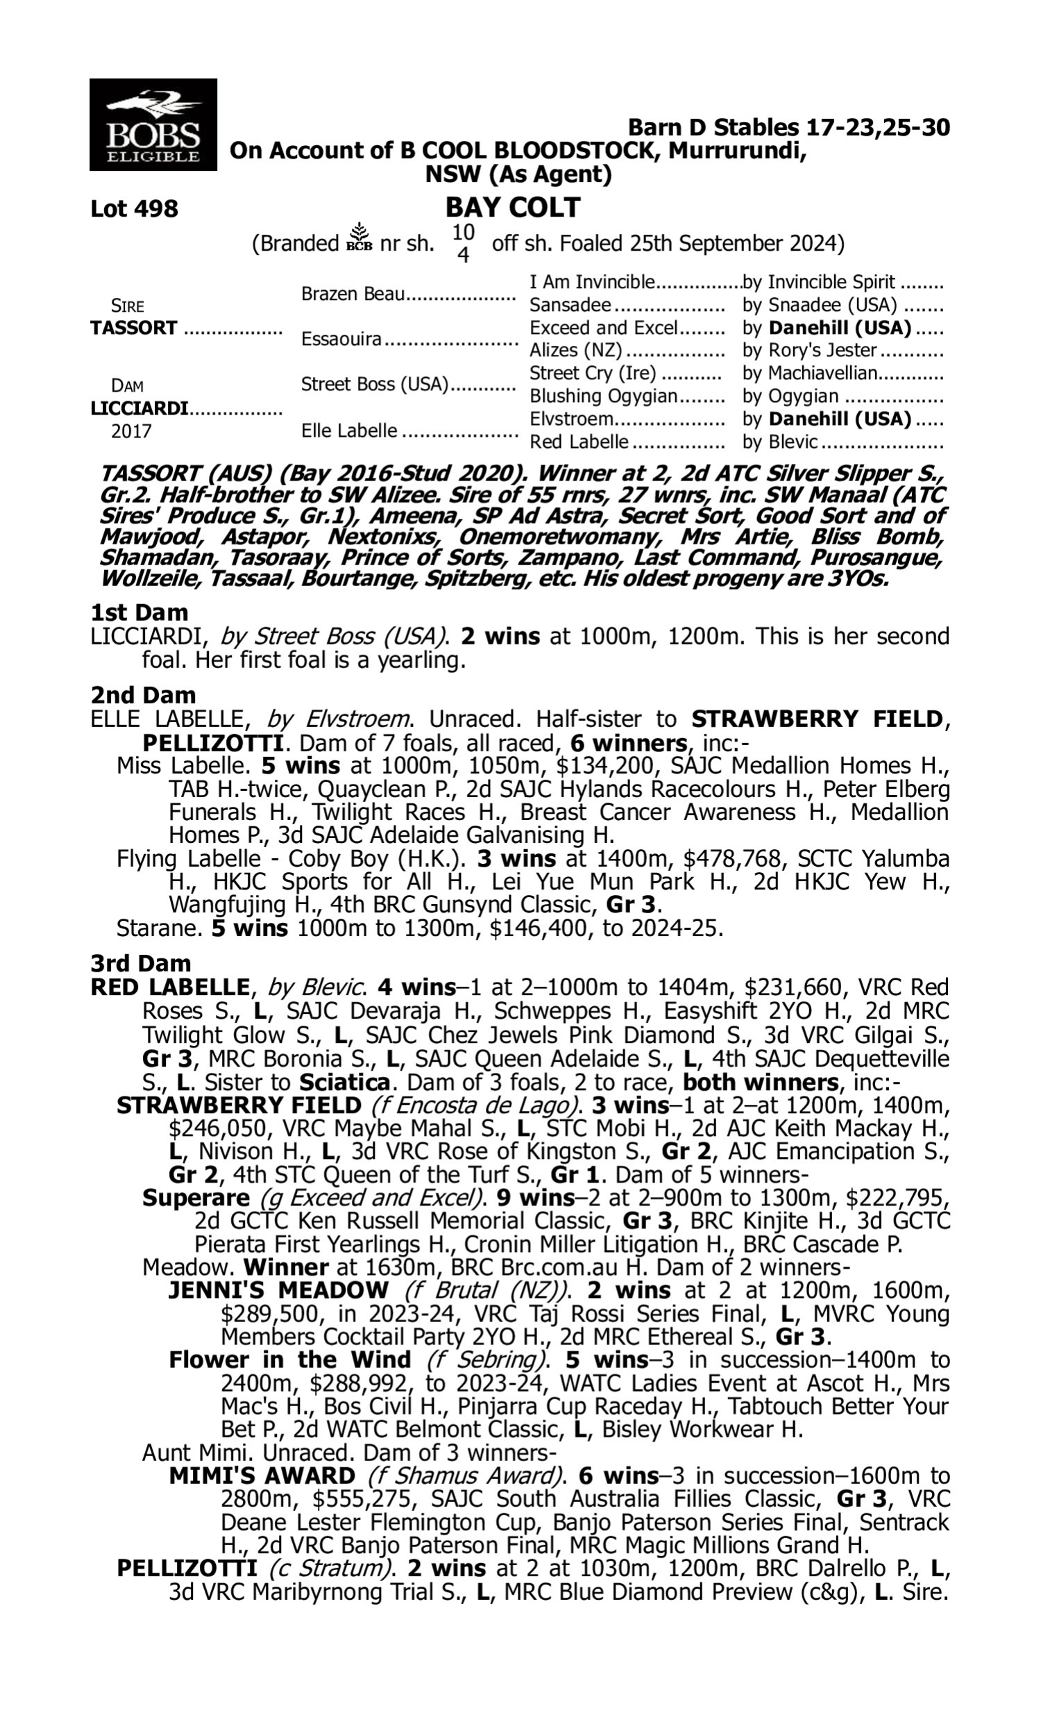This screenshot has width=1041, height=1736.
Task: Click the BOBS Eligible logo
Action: point(153,124)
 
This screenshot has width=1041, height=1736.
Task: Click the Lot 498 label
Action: point(134,208)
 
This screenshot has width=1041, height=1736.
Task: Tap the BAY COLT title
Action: point(513,207)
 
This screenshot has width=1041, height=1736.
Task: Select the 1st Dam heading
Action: point(139,612)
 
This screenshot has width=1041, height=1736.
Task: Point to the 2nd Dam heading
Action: point(142,694)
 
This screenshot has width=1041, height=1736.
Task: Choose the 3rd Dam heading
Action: point(140,962)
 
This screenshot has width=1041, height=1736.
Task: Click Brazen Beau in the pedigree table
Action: point(353,294)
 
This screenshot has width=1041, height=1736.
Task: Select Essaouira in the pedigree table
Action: point(341,340)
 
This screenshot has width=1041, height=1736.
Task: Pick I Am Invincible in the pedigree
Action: point(591,282)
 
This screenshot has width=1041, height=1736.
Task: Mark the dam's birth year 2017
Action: point(131,431)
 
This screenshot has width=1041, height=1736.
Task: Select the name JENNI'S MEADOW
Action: point(278,1290)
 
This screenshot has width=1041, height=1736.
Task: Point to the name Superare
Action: point(196,1198)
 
